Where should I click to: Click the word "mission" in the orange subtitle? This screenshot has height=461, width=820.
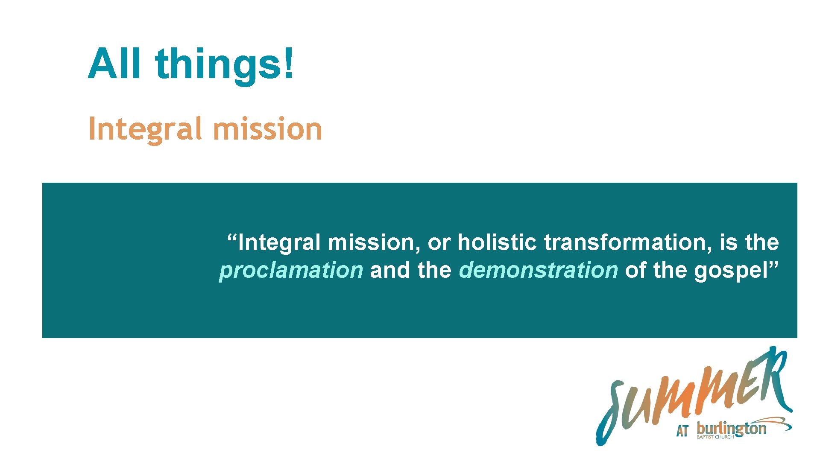[x=267, y=129]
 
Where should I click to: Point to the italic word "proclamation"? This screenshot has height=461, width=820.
[x=291, y=271]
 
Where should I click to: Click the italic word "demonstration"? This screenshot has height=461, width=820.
[x=538, y=271]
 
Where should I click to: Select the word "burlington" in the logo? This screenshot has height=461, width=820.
[x=731, y=428]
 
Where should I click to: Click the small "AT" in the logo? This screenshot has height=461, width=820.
[x=682, y=431]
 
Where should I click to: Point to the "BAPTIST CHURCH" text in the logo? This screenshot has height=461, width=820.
[x=715, y=437]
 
